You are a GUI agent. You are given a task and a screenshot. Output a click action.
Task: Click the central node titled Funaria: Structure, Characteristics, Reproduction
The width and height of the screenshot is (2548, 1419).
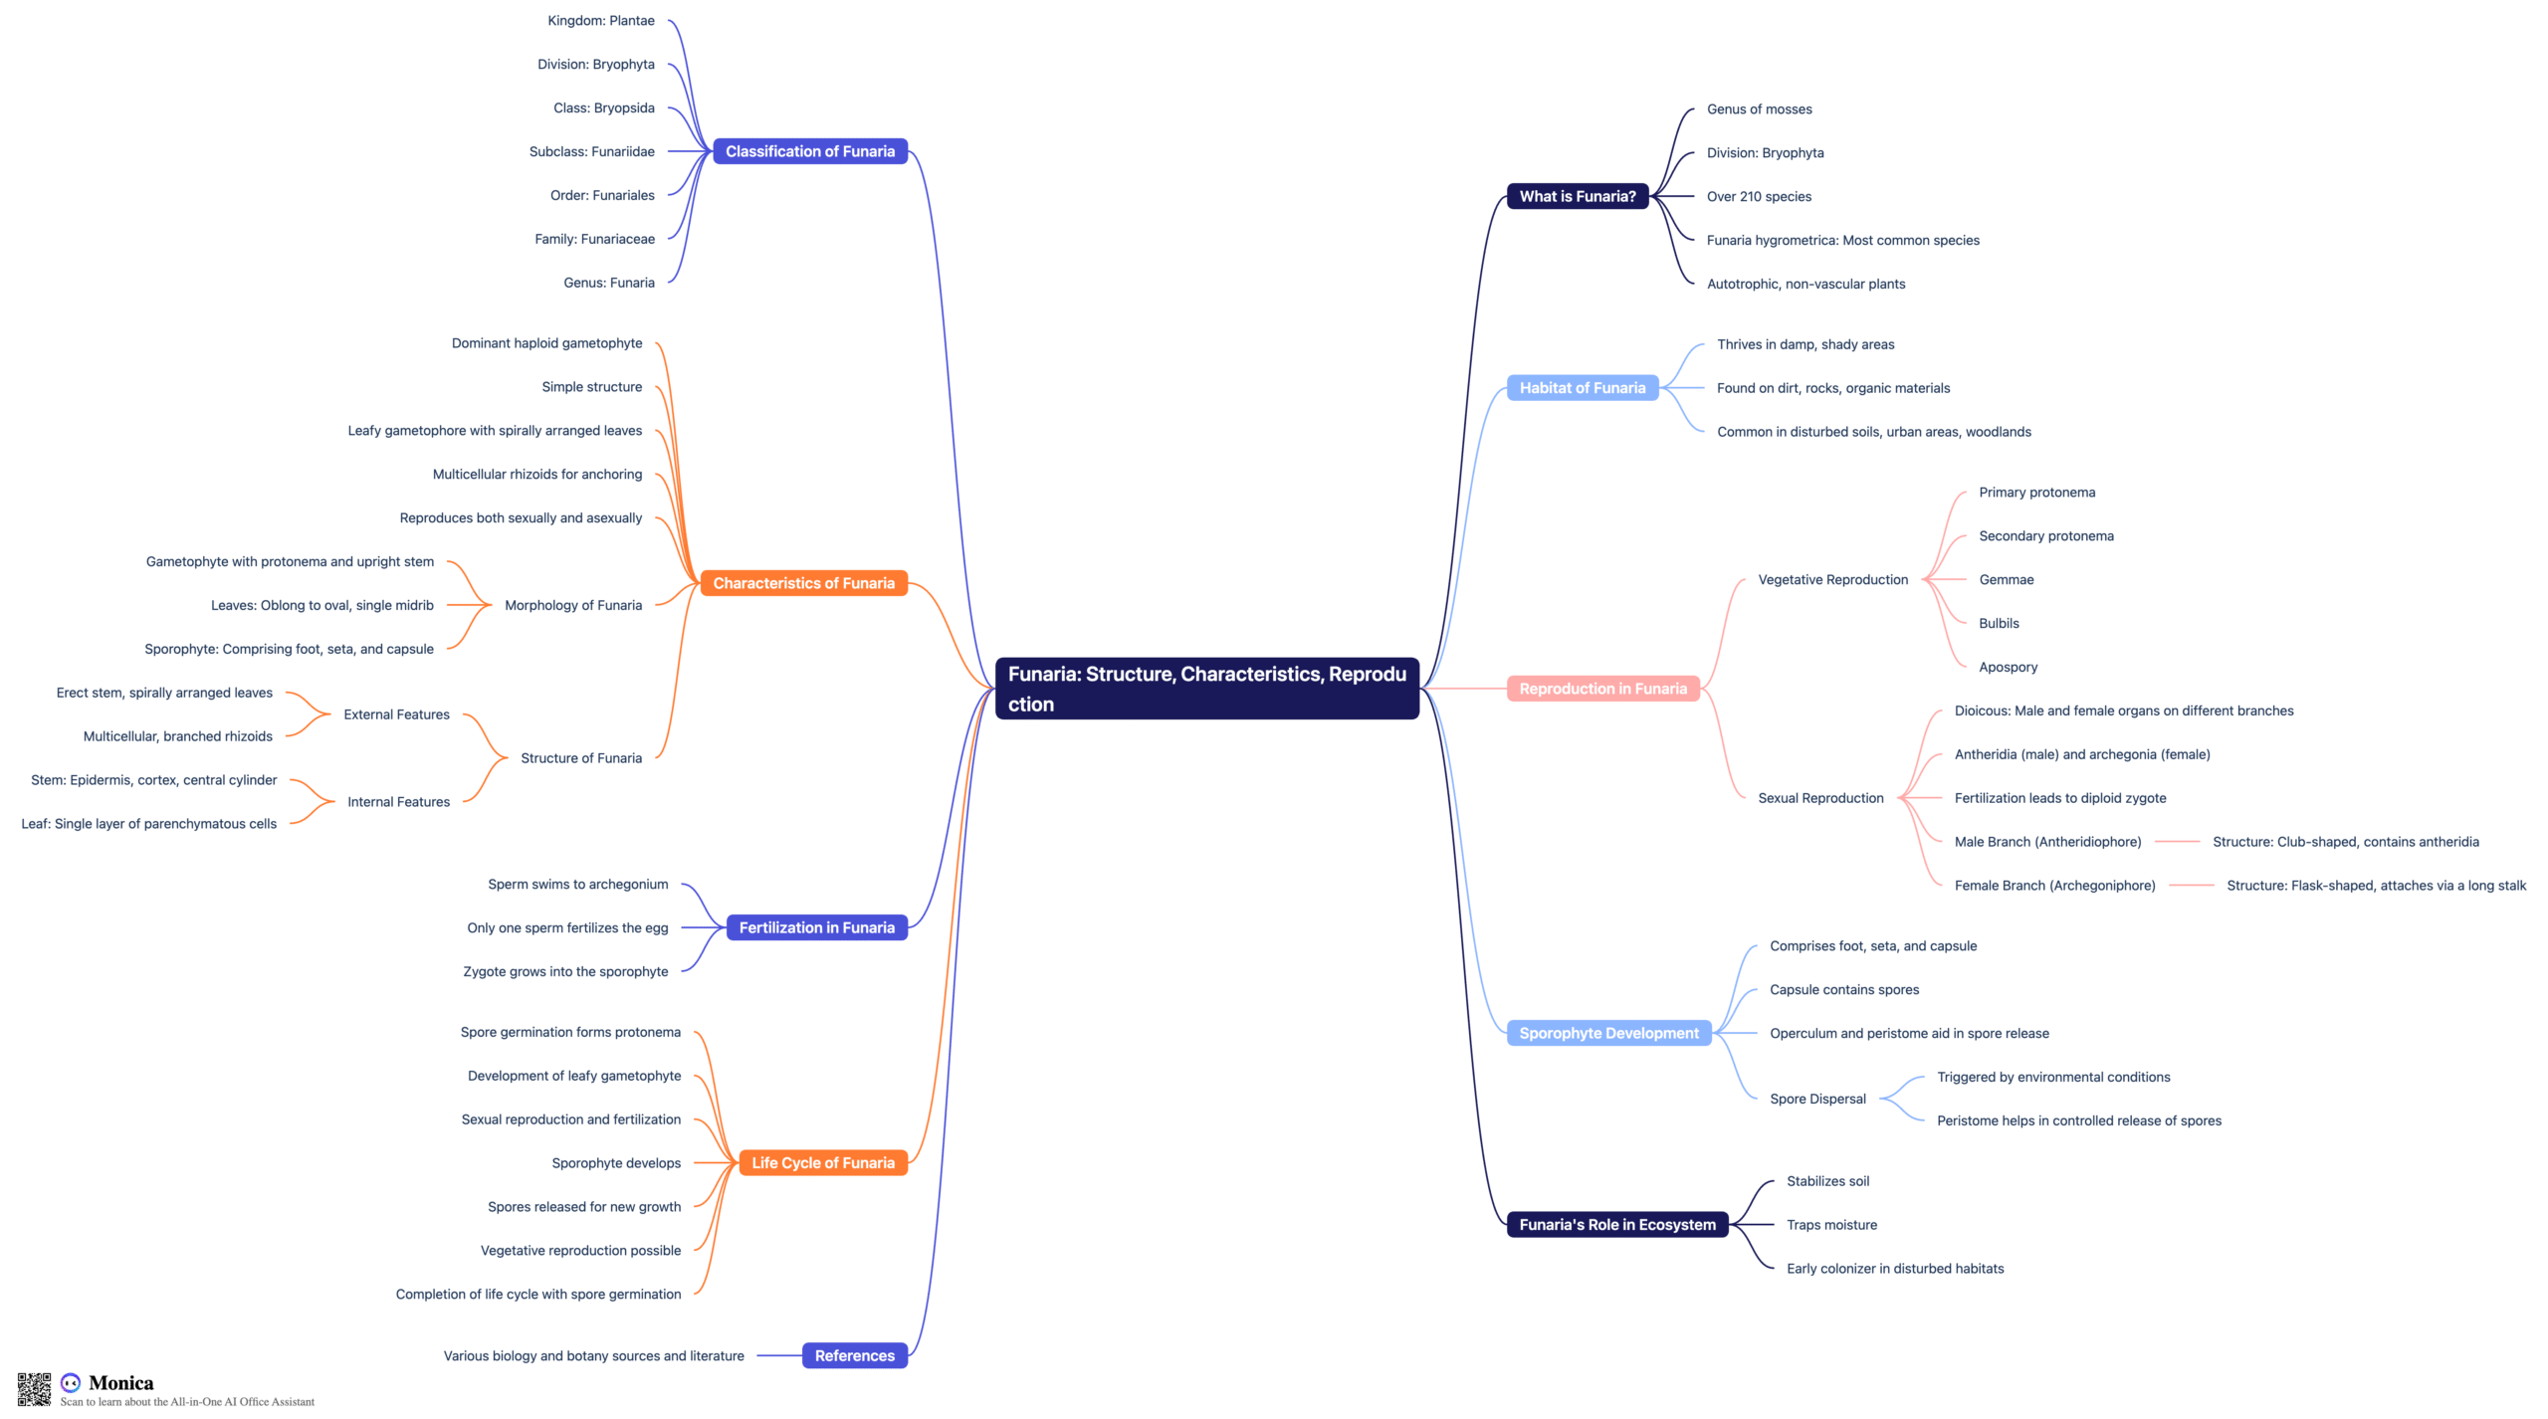1206,689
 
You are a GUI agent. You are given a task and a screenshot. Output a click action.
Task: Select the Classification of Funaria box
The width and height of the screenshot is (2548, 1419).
810,151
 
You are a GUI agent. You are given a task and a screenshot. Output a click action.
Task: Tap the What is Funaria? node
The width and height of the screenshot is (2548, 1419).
1578,196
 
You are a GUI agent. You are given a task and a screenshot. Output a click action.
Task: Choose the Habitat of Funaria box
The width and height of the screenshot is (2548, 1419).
1583,388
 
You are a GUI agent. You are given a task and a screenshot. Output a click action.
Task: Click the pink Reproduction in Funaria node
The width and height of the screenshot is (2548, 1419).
1603,689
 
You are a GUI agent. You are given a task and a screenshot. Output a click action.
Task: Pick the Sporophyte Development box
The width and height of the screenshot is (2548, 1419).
1609,1033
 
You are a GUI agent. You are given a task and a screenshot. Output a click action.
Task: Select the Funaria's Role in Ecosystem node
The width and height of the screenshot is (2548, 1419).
1617,1225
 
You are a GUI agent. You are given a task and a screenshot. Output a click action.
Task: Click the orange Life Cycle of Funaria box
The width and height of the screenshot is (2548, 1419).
823,1163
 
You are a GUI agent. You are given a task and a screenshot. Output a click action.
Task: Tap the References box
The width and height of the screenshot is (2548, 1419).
855,1355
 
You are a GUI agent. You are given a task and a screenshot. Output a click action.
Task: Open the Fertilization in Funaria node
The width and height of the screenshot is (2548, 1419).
817,927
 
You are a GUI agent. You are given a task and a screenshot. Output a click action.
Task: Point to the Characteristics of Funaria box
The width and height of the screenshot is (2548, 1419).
804,583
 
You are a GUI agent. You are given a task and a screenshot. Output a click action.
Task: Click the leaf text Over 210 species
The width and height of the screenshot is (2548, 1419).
1759,196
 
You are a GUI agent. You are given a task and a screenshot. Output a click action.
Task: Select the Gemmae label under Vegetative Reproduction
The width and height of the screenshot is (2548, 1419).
2007,579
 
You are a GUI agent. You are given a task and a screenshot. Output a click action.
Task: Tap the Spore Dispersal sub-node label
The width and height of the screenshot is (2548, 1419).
1817,1099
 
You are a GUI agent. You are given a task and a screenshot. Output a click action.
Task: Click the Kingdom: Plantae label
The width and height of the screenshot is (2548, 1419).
601,21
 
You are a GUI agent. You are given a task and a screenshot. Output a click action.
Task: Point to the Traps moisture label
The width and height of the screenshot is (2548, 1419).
1831,1225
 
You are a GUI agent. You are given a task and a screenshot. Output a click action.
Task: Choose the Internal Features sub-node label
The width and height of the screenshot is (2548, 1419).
398,802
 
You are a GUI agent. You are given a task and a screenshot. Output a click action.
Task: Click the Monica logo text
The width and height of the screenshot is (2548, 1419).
121,1382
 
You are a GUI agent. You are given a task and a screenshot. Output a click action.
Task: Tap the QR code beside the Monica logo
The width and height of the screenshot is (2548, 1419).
34,1389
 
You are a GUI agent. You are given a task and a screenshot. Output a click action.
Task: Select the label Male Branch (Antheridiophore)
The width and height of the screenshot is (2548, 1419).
2047,842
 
